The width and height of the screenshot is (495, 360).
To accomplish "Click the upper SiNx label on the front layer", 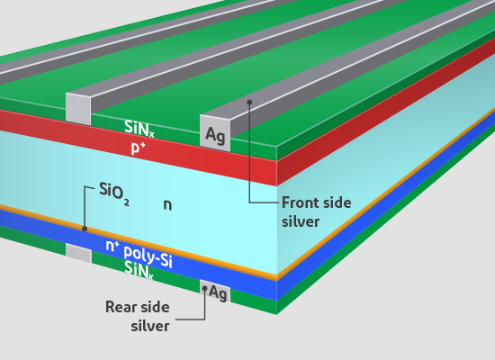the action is [x=139, y=128].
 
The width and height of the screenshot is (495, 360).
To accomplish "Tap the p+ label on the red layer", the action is [x=138, y=148].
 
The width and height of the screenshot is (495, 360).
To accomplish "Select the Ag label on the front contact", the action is [x=215, y=135].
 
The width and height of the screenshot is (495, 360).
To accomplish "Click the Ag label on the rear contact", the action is [x=218, y=292].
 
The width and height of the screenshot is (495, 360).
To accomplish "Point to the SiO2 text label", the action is [x=114, y=193].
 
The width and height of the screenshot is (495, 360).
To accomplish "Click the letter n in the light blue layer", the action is [x=167, y=205].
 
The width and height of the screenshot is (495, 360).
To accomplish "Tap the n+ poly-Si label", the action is [x=139, y=253].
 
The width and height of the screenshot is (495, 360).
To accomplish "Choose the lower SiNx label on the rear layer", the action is [x=139, y=270].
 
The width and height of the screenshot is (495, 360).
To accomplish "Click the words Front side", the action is [x=316, y=202].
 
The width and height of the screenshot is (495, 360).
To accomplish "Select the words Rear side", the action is [x=138, y=307].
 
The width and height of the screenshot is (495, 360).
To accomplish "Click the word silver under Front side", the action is [x=301, y=221].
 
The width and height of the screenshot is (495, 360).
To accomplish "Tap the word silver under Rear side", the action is [x=150, y=326].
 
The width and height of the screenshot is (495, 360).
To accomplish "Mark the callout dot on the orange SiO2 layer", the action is [x=85, y=229].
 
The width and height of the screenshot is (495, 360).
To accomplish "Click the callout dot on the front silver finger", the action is [x=249, y=102].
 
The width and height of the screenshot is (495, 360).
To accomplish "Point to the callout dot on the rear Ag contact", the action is [x=204, y=288].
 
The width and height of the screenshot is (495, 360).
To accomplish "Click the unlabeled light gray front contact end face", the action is [x=78, y=109].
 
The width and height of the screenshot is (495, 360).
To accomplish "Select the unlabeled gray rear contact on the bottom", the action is [x=78, y=253].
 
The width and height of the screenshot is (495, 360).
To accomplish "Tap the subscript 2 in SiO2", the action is [x=127, y=202].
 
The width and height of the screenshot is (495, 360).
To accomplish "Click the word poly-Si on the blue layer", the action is [x=148, y=256].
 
